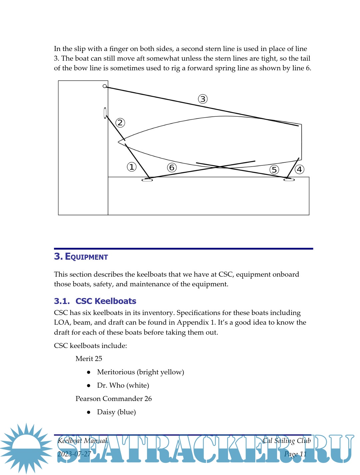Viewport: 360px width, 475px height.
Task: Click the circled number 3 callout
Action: tap(203, 99)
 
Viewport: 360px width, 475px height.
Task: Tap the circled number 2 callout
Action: tap(120, 123)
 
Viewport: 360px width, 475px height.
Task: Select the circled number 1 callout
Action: tap(132, 167)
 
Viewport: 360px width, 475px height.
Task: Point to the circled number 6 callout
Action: tap(172, 167)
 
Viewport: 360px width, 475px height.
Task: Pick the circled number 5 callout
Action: tap(274, 170)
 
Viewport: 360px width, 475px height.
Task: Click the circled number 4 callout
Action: tap(299, 169)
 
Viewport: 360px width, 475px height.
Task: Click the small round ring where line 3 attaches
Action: tap(105, 86)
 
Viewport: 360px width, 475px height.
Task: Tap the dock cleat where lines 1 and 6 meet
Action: tap(147, 180)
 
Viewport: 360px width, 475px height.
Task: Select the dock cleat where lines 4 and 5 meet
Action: tap(289, 180)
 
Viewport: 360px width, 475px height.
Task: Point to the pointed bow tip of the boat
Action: tap(119, 142)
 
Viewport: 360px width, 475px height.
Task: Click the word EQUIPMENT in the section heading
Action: tap(86, 257)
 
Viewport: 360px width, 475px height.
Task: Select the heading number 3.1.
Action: tap(62, 301)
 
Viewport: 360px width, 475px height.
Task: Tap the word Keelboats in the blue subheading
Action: tap(115, 301)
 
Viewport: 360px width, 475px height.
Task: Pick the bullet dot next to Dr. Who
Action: tap(89, 385)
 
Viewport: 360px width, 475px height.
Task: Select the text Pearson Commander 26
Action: tap(114, 399)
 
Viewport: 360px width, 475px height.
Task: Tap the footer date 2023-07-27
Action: tap(74, 454)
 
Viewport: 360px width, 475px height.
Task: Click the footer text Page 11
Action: tap(295, 454)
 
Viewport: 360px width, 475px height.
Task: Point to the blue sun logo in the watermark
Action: tap(26, 448)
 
